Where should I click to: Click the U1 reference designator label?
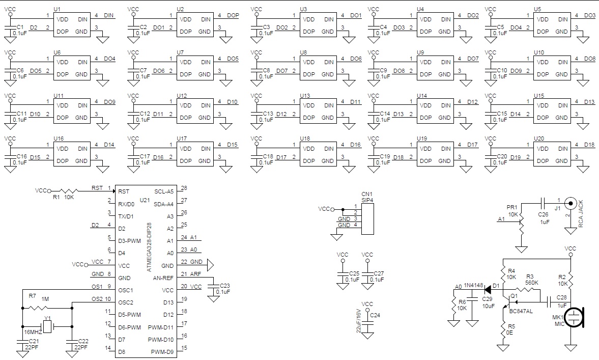pyautogui.click(x=57, y=9)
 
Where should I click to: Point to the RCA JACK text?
pyautogui.click(x=581, y=214)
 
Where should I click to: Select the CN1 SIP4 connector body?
pyautogui.click(x=367, y=219)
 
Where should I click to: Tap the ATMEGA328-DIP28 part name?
pyautogui.click(x=150, y=247)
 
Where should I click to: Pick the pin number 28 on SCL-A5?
pyautogui.click(x=184, y=188)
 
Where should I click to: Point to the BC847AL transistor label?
pyautogui.click(x=521, y=311)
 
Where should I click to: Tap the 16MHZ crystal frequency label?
pyautogui.click(x=33, y=331)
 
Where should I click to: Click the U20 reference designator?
pyautogui.click(x=538, y=138)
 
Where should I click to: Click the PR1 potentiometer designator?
pyautogui.click(x=511, y=208)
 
